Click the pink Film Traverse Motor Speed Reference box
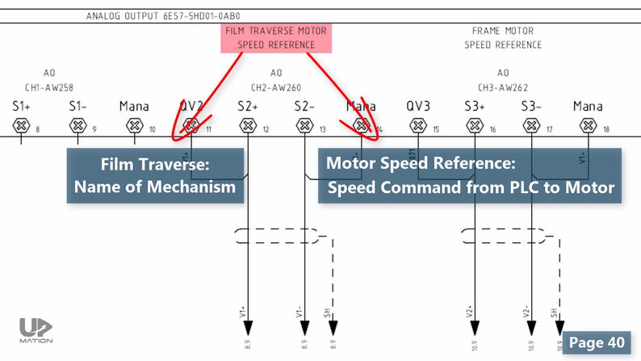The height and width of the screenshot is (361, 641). coord(276,38)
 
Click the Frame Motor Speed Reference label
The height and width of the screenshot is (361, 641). coord(502,38)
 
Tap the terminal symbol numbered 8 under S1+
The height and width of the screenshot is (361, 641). coord(21,125)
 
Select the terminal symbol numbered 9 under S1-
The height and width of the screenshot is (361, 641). coord(78,125)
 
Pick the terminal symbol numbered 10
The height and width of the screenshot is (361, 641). coord(134,125)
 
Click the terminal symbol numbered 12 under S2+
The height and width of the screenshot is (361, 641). coord(248,125)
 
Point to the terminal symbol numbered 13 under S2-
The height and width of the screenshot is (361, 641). coord(304,125)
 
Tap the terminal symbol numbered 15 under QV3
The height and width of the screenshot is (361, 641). coord(417,125)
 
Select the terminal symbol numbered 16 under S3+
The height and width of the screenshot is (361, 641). coord(475,125)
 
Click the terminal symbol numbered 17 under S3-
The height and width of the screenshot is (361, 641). coord(531,125)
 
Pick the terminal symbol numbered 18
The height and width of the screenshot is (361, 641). coord(588,125)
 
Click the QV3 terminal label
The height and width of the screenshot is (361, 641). coord(418,106)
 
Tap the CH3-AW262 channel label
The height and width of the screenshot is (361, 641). coord(503,86)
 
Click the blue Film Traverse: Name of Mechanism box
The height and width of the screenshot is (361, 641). coord(155,176)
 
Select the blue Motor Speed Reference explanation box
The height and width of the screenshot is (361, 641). coord(470,176)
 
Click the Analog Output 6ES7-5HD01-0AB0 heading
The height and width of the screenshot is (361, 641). coord(163,15)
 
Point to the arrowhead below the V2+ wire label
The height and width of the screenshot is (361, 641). coord(475,326)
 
